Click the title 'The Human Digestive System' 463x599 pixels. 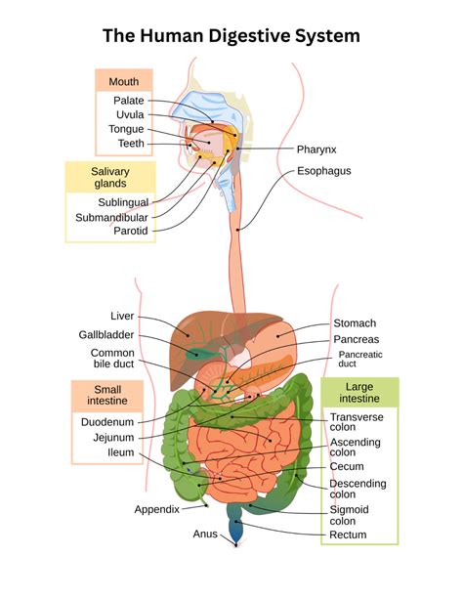(x=231, y=36)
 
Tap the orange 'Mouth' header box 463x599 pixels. (x=123, y=81)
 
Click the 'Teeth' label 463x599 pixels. (x=131, y=144)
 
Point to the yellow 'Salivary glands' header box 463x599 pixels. (x=109, y=177)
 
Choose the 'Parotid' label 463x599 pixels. (x=130, y=232)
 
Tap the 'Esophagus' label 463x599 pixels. (x=324, y=171)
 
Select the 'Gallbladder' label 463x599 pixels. (x=105, y=334)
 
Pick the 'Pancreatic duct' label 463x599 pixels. (x=360, y=360)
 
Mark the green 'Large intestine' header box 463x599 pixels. (x=360, y=393)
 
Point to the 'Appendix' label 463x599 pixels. (x=156, y=509)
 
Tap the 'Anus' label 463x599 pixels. (x=205, y=534)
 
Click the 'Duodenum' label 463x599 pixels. (x=107, y=423)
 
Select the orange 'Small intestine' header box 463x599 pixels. (x=105, y=395)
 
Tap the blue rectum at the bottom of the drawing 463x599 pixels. (x=237, y=528)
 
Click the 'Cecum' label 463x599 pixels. (x=347, y=466)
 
